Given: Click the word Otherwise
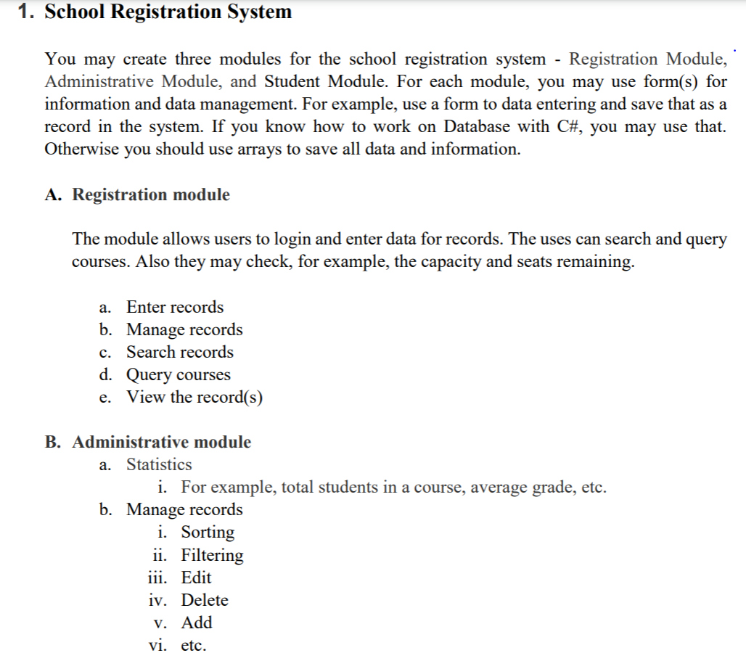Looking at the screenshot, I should [x=81, y=149].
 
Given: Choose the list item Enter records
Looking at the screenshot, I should [x=175, y=307].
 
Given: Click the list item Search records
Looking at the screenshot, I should [x=180, y=352].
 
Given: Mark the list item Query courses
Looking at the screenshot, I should [x=179, y=375].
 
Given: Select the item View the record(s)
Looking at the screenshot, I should [x=194, y=398].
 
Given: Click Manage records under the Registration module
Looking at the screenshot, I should [x=184, y=329].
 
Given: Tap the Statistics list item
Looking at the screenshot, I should [x=159, y=464].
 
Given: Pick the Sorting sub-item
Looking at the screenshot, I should [x=208, y=532].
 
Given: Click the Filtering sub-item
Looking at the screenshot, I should [x=212, y=555].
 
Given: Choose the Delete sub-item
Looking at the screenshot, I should [x=205, y=600].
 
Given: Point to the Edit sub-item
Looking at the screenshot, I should [x=196, y=578].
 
